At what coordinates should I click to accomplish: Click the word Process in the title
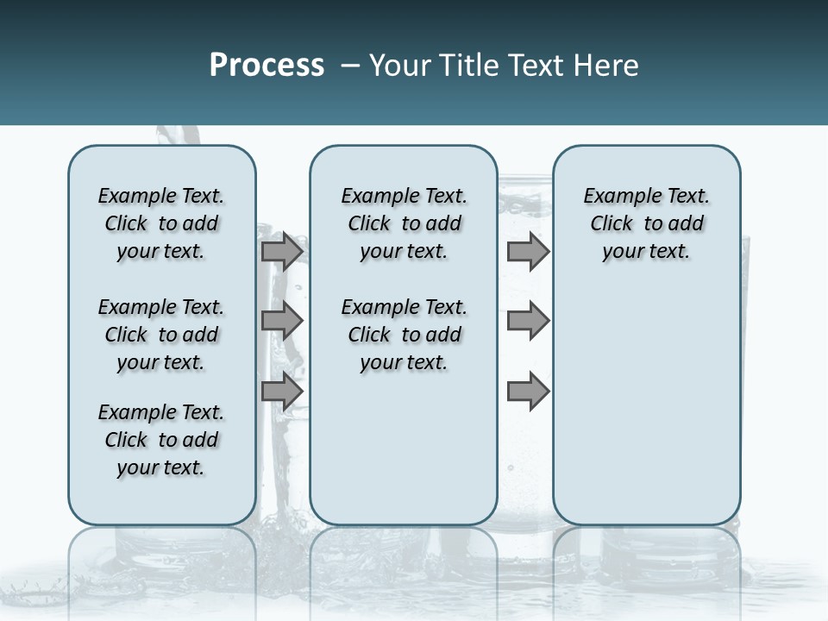coord(267,66)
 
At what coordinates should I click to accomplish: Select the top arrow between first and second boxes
coord(282,251)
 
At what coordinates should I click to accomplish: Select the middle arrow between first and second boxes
coord(282,321)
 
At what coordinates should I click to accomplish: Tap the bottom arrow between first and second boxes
coord(282,391)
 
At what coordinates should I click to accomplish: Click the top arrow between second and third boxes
coord(528,251)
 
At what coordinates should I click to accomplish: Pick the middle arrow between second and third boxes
coord(528,321)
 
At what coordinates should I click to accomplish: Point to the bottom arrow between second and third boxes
coord(528,391)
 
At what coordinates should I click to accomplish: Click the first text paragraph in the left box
coord(161,223)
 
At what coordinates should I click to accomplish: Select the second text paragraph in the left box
coord(161,335)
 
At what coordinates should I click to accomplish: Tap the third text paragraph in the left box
coord(161,440)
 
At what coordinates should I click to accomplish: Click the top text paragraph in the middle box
coord(404,223)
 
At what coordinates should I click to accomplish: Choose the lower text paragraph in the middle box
coord(404,335)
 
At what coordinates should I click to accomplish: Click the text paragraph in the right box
coord(646,223)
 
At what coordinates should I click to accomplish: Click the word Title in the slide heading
coord(467,66)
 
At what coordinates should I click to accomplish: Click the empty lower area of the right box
coord(646,414)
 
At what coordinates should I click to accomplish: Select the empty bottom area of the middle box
coord(404,457)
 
